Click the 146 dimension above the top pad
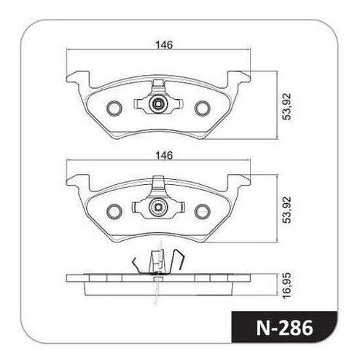[x=164, y=45]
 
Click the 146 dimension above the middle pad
[x=164, y=155]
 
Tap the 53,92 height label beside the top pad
[x=286, y=106]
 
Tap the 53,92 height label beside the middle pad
[x=286, y=210]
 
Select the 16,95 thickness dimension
[x=286, y=285]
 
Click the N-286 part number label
[x=285, y=328]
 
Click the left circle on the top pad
[x=114, y=108]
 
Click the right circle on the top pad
[x=203, y=108]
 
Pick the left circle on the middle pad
[x=114, y=212]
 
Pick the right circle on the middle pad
[x=203, y=212]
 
